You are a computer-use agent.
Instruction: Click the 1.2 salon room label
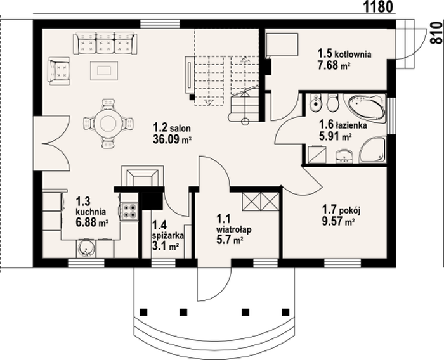(172, 127)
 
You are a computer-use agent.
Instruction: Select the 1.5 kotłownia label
(344, 53)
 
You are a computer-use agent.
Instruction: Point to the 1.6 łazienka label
(343, 124)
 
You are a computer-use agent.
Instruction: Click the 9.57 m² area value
(338, 221)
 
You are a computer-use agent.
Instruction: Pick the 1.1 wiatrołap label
(234, 224)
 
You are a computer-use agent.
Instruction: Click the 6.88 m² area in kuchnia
(92, 222)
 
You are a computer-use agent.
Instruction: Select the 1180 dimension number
(378, 7)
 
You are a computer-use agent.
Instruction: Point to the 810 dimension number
(437, 33)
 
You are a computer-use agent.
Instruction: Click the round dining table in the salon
(108, 124)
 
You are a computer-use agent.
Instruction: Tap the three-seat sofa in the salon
(105, 43)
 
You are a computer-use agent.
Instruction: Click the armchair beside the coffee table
(59, 71)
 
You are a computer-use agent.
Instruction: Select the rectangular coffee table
(104, 71)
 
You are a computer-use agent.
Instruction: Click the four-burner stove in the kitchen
(129, 211)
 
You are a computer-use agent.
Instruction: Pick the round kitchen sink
(85, 248)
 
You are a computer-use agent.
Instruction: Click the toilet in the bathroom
(332, 103)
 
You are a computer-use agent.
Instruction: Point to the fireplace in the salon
(143, 176)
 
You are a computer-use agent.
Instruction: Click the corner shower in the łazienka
(373, 150)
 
